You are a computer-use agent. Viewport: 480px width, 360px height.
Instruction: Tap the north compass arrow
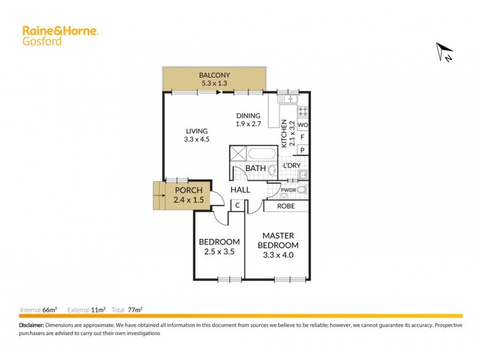tap(445, 52)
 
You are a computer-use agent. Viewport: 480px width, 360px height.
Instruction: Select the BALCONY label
tap(214, 75)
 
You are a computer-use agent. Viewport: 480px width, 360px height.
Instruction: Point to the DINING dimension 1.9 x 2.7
tap(248, 124)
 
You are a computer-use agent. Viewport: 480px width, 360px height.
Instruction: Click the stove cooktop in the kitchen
tap(303, 112)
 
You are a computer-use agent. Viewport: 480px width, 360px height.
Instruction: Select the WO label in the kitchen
tap(303, 125)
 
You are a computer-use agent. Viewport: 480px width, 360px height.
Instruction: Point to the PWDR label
tap(289, 190)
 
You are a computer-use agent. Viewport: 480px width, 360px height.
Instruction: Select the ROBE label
tap(286, 206)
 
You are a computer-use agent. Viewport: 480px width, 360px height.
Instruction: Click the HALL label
tap(240, 190)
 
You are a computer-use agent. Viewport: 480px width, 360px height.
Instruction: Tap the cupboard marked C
tap(238, 205)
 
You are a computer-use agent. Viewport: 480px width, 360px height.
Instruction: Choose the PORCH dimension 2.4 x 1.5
tap(188, 199)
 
